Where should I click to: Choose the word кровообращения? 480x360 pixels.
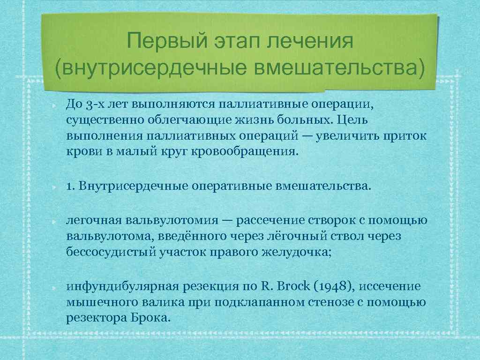tap(245, 152)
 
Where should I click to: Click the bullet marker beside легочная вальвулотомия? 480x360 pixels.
tap(55, 220)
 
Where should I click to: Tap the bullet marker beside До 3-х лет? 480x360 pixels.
tap(55, 103)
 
